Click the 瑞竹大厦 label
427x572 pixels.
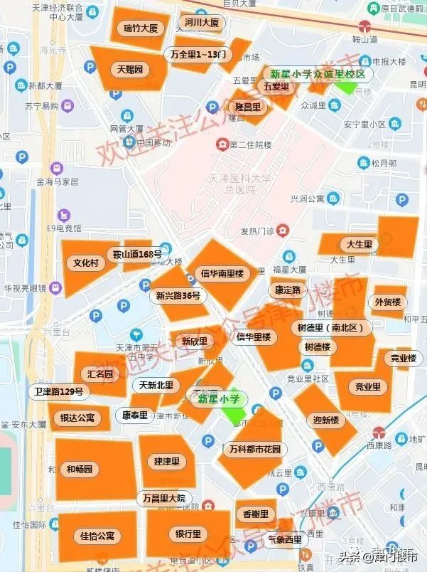click(140, 28)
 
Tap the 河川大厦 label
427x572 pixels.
click(202, 23)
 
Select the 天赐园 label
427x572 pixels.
click(130, 70)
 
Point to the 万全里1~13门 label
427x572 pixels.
click(198, 54)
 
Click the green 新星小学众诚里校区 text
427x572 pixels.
click(318, 74)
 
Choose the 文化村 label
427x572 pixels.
click(86, 263)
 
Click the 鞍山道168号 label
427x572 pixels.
click(138, 254)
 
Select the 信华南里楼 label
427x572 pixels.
click(222, 273)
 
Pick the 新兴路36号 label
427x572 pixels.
click(178, 296)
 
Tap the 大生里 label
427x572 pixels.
click(360, 245)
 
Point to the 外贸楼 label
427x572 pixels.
click(387, 302)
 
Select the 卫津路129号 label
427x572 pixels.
click(59, 391)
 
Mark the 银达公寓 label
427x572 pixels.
click(77, 418)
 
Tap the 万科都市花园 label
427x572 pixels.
click(255, 449)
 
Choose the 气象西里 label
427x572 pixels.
click(285, 539)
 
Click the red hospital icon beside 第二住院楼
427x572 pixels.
click(222, 144)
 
